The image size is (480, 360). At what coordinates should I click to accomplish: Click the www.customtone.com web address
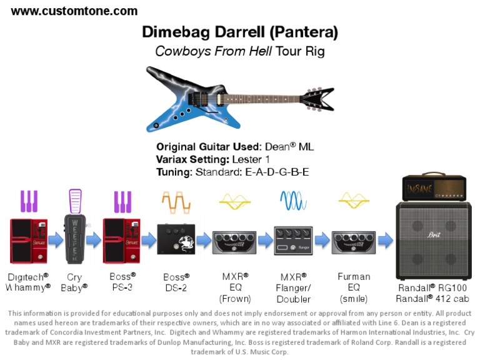[x=74, y=11]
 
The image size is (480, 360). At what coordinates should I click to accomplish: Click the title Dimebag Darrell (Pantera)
[x=240, y=32]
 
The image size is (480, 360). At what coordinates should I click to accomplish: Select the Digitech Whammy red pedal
[x=27, y=240]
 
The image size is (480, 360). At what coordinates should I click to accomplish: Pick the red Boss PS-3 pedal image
[x=121, y=240]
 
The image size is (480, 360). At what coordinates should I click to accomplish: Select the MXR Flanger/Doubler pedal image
[x=293, y=241]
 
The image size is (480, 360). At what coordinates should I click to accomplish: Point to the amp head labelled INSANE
[x=436, y=187]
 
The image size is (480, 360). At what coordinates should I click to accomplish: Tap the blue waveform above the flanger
[x=293, y=201]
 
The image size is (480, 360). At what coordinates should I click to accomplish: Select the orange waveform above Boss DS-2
[x=176, y=201]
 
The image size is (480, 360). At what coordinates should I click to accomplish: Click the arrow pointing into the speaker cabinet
[x=385, y=240]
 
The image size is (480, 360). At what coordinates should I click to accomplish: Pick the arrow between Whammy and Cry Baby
[x=54, y=240]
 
